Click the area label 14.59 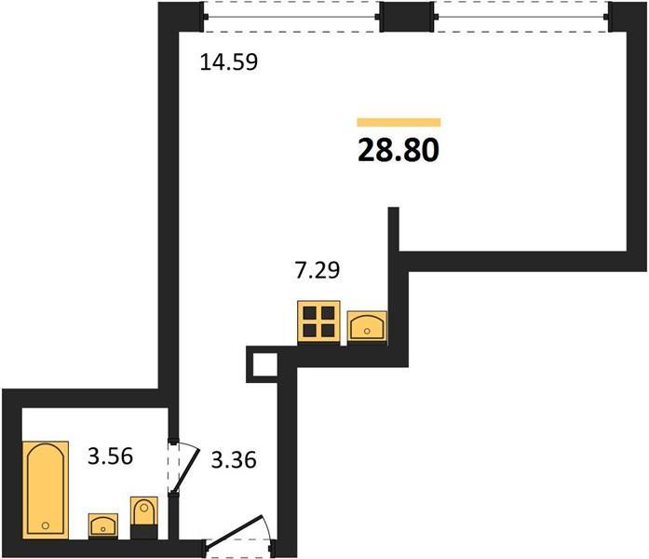[229, 62]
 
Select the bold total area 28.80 [399, 150]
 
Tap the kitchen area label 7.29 [317, 270]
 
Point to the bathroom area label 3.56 [110, 457]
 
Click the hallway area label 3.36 [234, 459]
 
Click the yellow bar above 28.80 [399, 122]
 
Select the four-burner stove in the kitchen [318, 321]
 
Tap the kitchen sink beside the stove [367, 326]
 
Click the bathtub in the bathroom [46, 490]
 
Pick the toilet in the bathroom [144, 518]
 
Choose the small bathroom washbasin [103, 525]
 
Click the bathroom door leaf [186, 471]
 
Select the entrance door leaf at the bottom [235, 530]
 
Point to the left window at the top [291, 17]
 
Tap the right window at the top [521, 17]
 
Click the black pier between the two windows [407, 17]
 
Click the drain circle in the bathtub [46, 525]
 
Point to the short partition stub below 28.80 [394, 229]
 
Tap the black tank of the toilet [144, 532]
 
